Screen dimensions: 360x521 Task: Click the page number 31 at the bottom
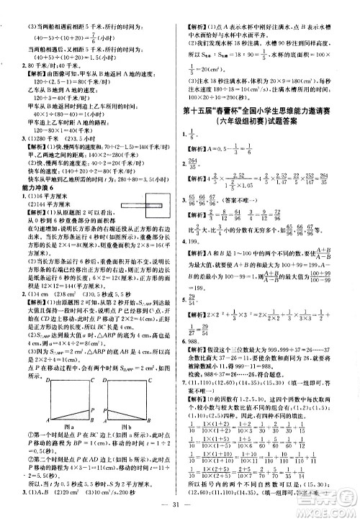[179, 502]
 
